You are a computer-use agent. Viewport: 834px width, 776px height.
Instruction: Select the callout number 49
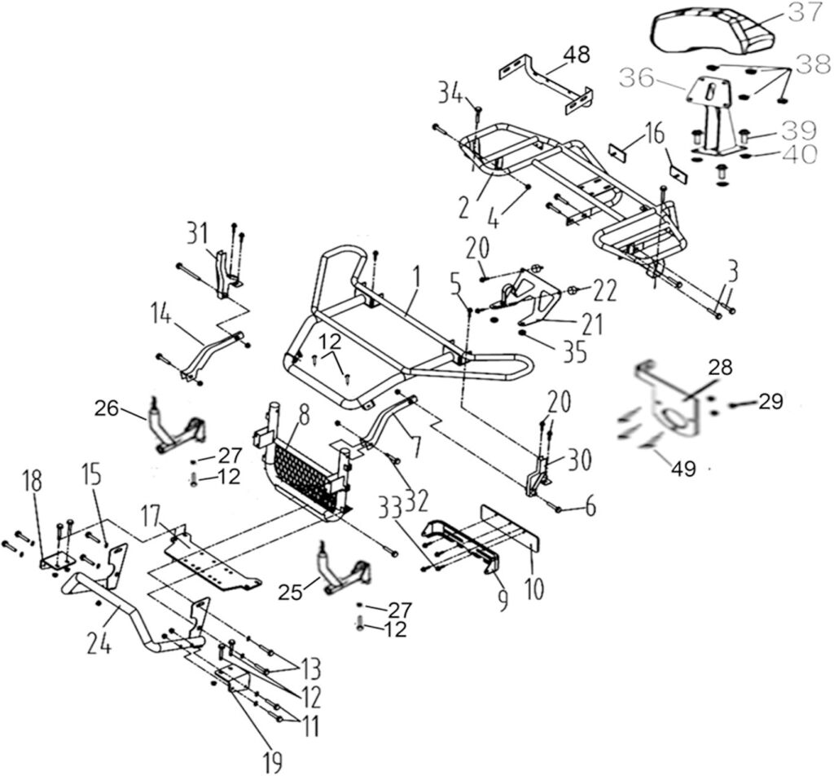click(683, 468)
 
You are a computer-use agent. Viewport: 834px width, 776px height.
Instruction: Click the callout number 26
click(107, 409)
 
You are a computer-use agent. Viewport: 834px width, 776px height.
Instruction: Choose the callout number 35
click(574, 353)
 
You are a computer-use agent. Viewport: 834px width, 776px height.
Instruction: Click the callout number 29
click(771, 402)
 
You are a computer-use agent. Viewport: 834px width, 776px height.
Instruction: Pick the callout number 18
click(33, 482)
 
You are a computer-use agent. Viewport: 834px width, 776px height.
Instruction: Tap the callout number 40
click(802, 155)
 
